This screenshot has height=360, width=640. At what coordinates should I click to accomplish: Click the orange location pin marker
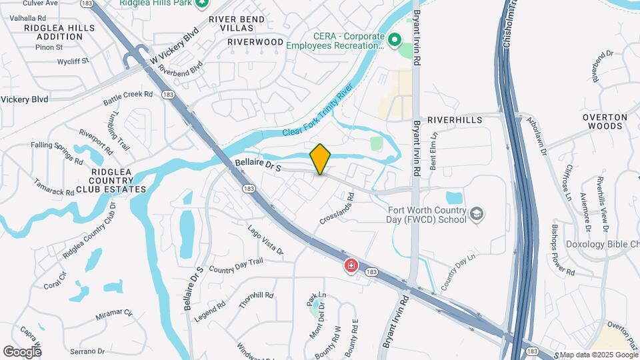tap(321, 159)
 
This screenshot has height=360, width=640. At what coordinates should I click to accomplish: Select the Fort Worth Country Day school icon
tap(477, 213)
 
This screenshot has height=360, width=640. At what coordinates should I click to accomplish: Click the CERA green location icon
tap(394, 41)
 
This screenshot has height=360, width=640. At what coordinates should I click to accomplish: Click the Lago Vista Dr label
tap(265, 241)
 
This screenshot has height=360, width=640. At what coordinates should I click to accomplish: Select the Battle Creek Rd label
tap(129, 99)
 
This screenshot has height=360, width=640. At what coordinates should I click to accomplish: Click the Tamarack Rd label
tap(54, 187)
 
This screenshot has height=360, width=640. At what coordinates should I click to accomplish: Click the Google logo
tap(22, 351)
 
